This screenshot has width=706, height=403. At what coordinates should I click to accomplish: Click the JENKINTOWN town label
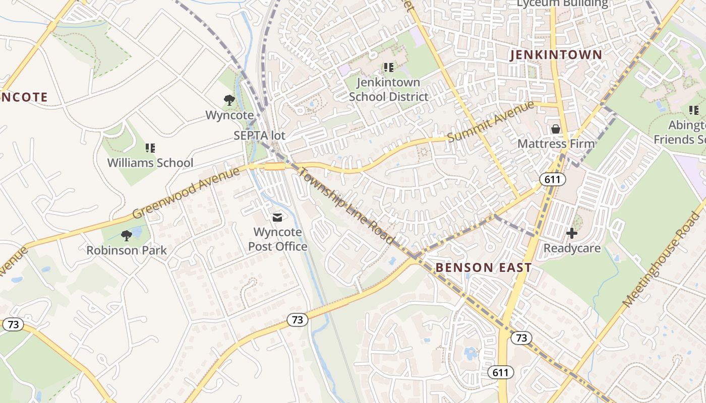[x=556, y=55]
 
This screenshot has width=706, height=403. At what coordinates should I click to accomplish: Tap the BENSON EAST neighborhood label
[x=484, y=267]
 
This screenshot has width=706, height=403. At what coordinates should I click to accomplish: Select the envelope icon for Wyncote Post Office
[x=277, y=218]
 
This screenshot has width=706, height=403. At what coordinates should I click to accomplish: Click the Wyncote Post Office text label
[x=277, y=240]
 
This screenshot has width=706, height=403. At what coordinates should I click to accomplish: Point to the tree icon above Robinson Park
[x=127, y=235]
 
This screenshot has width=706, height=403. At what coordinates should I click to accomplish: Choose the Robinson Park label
[x=127, y=250]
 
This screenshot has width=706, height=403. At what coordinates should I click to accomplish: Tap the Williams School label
[x=150, y=163]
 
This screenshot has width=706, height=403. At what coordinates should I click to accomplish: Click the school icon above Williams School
[x=150, y=148]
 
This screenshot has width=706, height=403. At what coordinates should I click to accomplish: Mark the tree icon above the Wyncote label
[x=229, y=100]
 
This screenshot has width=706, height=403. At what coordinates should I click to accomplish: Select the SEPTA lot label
[x=259, y=136]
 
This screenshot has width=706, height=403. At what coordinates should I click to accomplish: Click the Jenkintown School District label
[x=388, y=89]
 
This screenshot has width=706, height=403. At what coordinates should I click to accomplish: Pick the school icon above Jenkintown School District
[x=388, y=67]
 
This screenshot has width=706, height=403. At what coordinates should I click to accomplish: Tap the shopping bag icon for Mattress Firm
[x=556, y=129]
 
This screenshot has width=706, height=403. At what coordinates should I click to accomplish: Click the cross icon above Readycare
[x=572, y=233]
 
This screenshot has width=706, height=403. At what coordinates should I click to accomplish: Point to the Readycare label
[x=572, y=248]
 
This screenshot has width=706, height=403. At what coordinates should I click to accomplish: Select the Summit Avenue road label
[x=490, y=121]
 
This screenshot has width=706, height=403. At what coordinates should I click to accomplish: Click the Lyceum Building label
[x=562, y=4]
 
